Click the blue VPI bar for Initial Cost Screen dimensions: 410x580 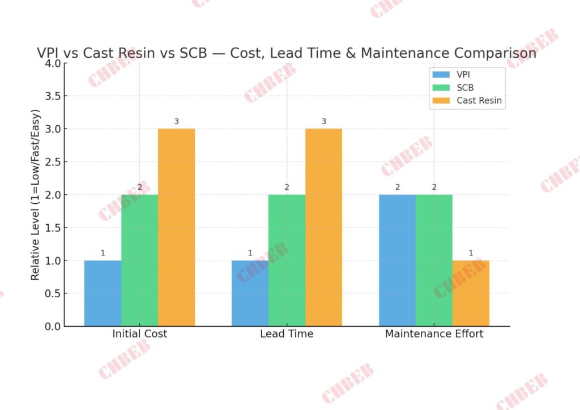click(x=103, y=293)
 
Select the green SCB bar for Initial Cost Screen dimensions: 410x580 click(x=139, y=260)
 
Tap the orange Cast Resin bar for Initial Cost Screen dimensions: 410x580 click(x=176, y=228)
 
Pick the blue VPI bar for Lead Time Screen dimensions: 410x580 click(x=250, y=293)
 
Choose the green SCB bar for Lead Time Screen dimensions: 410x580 click(x=287, y=260)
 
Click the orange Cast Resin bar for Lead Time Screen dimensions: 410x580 click(x=323, y=228)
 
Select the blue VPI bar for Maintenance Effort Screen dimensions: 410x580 click(x=397, y=260)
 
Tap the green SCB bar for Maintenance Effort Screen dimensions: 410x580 click(x=434, y=260)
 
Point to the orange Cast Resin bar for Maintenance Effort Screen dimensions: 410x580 click(x=471, y=293)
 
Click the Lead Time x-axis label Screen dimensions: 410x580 click(x=287, y=334)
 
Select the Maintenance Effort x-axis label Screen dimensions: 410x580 click(x=434, y=334)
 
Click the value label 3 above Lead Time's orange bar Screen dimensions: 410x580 click(x=323, y=122)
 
